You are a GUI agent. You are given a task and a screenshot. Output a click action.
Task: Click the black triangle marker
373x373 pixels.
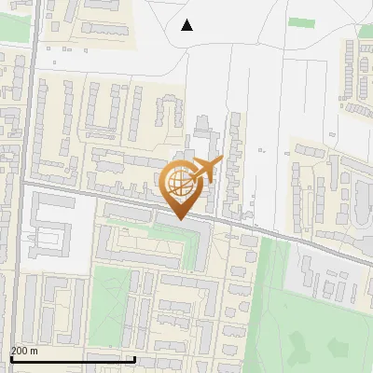pos(187,25)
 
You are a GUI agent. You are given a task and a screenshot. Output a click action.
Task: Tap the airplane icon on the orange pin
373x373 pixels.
pos(207,169)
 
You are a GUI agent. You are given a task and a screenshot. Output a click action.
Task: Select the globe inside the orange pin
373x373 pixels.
pos(178,182)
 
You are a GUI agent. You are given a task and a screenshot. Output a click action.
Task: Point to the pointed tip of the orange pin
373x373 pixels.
pos(178,219)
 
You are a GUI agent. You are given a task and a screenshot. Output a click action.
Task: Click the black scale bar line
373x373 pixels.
pos(72,359)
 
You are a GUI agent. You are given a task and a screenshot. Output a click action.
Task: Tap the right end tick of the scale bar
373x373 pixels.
pos(135,358)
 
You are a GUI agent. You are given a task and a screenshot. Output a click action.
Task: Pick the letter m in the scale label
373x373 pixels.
pos(35,352)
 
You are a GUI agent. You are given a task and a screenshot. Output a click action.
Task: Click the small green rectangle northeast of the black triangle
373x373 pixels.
pos(300,21)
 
